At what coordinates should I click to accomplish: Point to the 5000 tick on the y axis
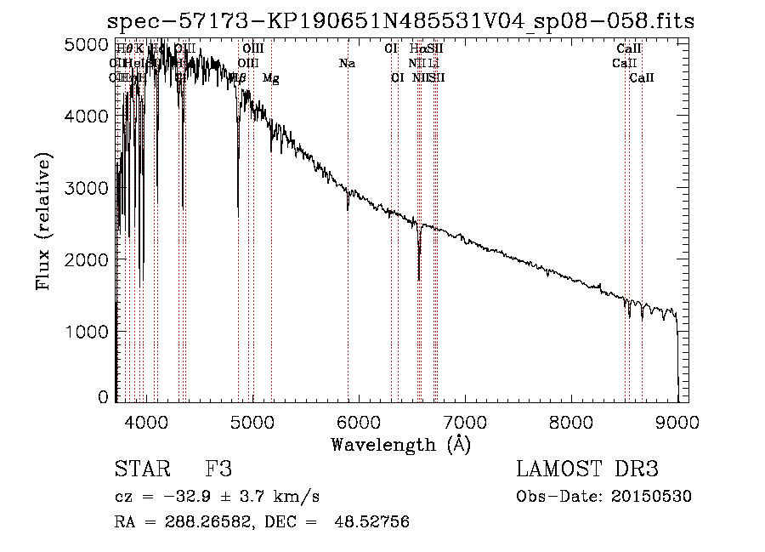pos(88,43)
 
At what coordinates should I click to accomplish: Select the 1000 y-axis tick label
pos(88,331)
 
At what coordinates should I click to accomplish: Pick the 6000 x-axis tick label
pos(359,421)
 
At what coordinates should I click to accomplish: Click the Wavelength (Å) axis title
pos(400,444)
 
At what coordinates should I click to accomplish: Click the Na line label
pos(347,64)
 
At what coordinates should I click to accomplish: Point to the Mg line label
pos(270,78)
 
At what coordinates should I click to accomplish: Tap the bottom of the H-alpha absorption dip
pos(419,277)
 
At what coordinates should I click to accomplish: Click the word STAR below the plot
pos(140,469)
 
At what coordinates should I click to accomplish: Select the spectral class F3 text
pos(218,469)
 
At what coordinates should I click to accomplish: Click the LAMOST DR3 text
pos(587,469)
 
